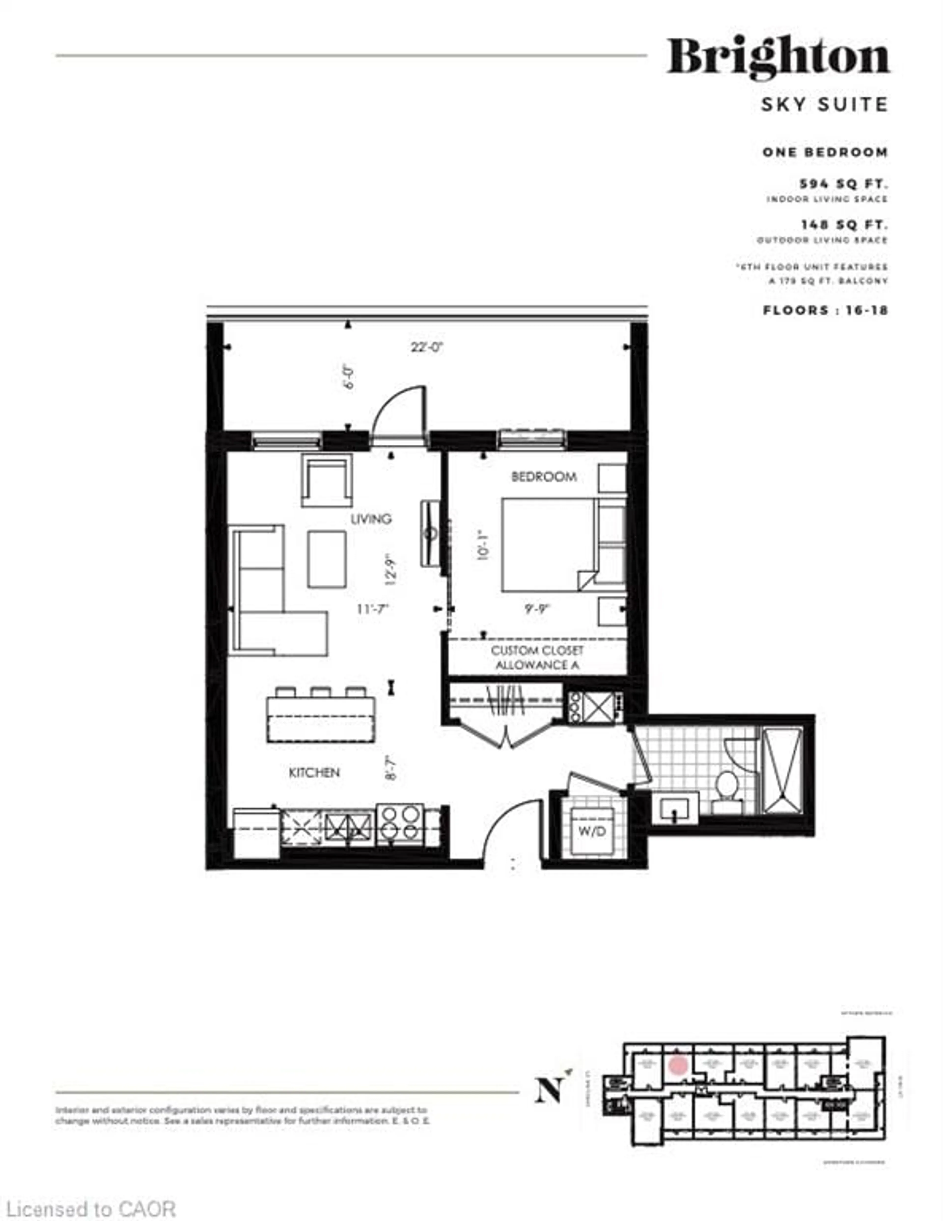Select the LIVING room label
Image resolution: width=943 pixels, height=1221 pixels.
371,519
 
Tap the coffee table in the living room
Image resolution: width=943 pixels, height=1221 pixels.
327,559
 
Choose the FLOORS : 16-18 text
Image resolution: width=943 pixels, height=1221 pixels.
825,310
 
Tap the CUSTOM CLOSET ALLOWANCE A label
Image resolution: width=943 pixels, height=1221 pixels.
537,658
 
